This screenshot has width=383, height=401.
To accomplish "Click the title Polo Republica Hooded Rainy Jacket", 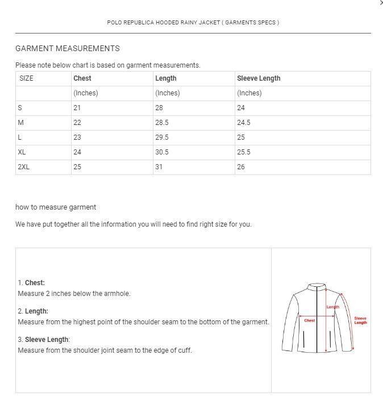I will pos(193,23).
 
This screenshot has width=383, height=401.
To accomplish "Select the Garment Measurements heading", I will pos(68,48).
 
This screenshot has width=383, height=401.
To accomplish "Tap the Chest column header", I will pos(82,78).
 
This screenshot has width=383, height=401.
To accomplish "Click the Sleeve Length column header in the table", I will pos(259,78).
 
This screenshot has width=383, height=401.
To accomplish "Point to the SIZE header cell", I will pos(26,78).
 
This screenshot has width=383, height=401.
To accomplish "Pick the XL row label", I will pos(22,152).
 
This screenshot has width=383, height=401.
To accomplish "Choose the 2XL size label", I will pos(23,167).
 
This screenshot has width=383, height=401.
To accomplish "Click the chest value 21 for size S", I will pos(77,108).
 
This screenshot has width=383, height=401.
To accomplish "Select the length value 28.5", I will pos(162,123).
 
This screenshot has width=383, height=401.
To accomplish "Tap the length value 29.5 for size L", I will pos(162,137).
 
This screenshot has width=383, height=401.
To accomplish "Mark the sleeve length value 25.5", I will pos(244,152).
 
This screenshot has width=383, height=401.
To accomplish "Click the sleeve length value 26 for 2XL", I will pos(241,167).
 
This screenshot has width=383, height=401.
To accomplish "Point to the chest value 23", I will pos(77,137).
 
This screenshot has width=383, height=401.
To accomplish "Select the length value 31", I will pos(159,167).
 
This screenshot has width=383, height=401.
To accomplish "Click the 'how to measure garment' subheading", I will pos(56,207).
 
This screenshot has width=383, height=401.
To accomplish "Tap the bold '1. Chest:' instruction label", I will pos(31,283).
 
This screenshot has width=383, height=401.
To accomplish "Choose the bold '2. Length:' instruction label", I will pos(33,311).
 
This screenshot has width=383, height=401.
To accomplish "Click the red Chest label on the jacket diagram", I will pos(310,320).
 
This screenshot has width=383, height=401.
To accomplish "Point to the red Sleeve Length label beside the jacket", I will pos(360,320).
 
